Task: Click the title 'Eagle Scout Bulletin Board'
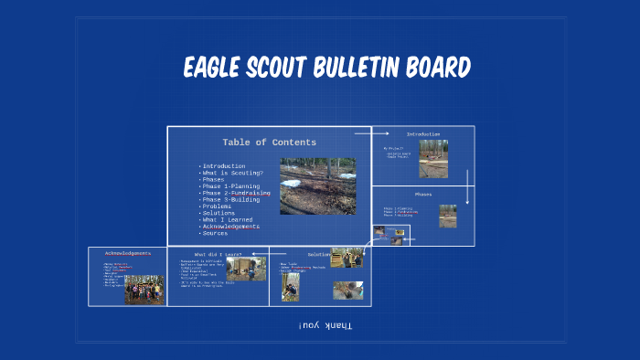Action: pos(327,69)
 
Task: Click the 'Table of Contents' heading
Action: pos(269,143)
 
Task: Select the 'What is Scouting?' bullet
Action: pos(233,174)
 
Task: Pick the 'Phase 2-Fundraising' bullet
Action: pos(237,194)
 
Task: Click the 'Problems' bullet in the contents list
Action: pos(217,206)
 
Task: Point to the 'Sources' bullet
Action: pos(216,233)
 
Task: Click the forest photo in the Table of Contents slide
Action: pos(317,185)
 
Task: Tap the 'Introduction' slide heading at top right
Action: pos(423,134)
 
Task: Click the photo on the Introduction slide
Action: pos(433,158)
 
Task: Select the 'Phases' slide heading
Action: pos(423,194)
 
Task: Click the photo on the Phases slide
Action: pos(447,216)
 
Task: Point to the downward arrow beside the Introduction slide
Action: pos(467,186)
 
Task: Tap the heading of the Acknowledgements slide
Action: pos(126,253)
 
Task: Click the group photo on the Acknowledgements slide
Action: pos(144,290)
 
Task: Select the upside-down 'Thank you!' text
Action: pos(325,325)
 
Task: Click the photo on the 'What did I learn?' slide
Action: pos(246,269)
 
